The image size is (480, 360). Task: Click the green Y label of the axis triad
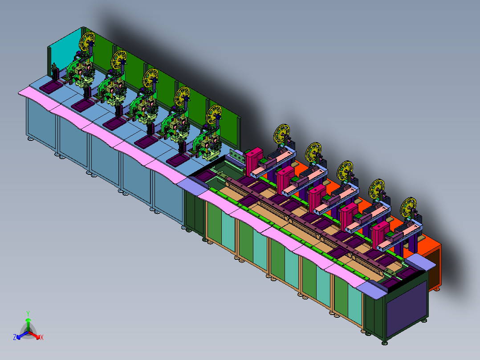click(28, 313)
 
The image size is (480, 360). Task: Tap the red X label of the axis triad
click(42, 337)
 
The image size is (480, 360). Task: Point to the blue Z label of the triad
click(14, 337)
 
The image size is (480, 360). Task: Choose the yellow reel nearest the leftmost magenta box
click(281, 134)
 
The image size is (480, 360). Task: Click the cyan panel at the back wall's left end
click(65, 53)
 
